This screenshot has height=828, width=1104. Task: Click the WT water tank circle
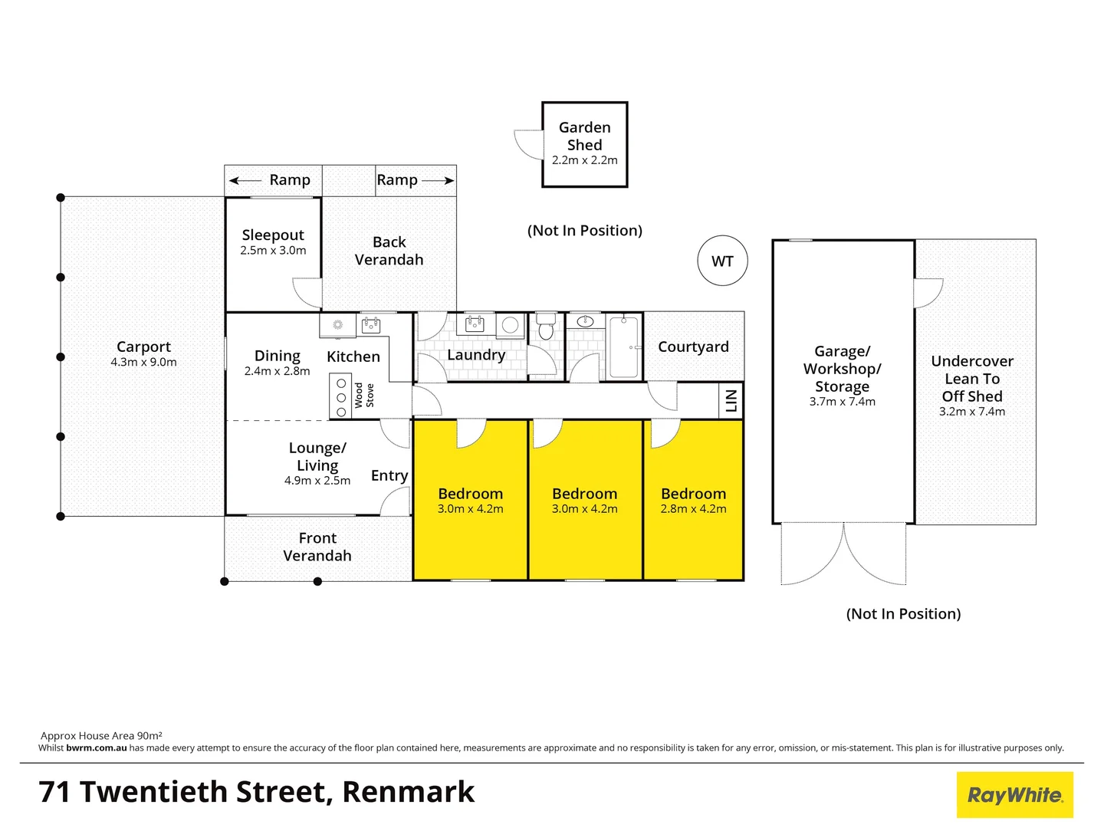(x=722, y=261)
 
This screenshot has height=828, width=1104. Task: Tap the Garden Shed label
(x=584, y=136)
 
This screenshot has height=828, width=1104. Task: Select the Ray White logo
(x=1014, y=795)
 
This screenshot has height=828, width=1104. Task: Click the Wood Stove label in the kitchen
(x=363, y=396)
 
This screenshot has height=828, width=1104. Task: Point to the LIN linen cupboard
(x=731, y=399)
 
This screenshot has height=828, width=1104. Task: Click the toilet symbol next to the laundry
(x=546, y=327)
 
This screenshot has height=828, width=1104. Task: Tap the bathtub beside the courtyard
(x=624, y=347)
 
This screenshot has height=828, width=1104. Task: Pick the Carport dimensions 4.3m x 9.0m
(x=143, y=363)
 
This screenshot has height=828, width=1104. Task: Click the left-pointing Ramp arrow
(x=245, y=181)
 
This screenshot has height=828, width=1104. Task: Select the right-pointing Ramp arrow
(x=438, y=181)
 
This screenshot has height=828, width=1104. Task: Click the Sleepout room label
(x=273, y=235)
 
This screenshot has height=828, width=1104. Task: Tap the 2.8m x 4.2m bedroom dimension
(x=693, y=509)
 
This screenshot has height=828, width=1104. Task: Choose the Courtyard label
(x=693, y=347)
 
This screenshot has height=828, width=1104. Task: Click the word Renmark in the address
(x=408, y=792)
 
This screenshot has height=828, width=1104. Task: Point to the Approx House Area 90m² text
(x=101, y=735)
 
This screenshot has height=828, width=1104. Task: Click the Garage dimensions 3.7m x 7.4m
(x=842, y=402)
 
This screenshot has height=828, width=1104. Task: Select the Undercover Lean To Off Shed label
(x=972, y=379)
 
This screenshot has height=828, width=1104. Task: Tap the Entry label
(x=389, y=475)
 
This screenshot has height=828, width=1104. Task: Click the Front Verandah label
(x=317, y=547)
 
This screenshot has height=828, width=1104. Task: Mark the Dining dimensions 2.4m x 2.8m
(x=277, y=371)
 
